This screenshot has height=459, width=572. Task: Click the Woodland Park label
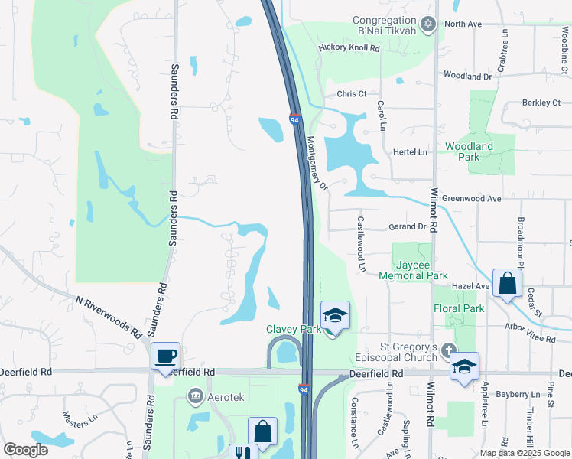pos(470,151)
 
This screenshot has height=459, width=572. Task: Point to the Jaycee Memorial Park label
pos(413,270)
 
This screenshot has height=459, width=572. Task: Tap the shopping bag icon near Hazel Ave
pos(507,284)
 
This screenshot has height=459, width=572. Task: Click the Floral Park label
pos(460,309)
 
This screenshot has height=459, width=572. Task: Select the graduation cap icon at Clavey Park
pos(335,315)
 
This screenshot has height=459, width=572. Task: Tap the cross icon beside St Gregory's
pos(448,349)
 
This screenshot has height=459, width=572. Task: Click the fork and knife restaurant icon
pos(242,453)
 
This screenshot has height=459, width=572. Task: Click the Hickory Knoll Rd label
pos(349,48)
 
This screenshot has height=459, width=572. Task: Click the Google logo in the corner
pos(25,450)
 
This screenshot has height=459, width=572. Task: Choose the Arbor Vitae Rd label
pos(530,334)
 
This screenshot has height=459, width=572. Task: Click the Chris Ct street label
pos(352,94)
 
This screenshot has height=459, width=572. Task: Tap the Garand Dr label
pos(407,227)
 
